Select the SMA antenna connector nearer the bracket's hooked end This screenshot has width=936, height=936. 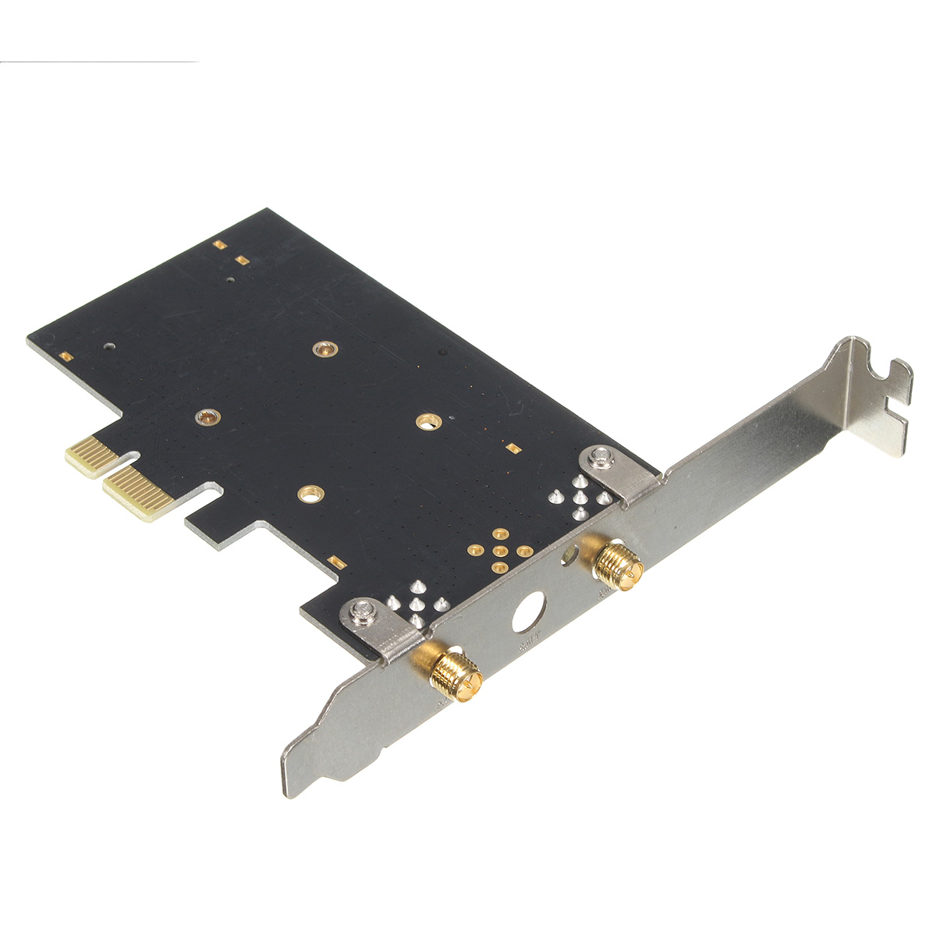(x=618, y=562)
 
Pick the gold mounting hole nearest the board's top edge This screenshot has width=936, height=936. (x=321, y=349)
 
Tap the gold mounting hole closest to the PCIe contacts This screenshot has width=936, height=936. (x=207, y=417)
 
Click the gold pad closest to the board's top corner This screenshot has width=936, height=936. (x=219, y=244)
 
